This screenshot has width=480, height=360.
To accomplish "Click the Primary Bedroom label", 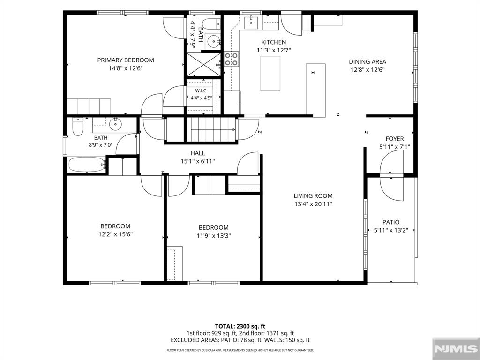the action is click(126, 60).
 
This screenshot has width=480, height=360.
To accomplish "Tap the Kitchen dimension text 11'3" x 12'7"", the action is click(274, 50).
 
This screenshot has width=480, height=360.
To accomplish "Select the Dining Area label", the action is click(367, 61).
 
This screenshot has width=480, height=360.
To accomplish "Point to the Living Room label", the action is click(313, 196).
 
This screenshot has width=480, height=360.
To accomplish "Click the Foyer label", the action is click(395, 139).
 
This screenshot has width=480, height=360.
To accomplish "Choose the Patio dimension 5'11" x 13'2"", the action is click(391, 230).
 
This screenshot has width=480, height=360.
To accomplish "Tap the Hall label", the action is click(198, 153).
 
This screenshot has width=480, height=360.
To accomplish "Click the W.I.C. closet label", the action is click(202, 91).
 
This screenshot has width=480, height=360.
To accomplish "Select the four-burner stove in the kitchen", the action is click(232, 60).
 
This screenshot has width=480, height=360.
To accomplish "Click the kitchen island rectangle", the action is click(270, 74).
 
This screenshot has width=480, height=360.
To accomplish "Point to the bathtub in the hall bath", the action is click(87, 165).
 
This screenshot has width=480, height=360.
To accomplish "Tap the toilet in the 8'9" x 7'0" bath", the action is click(78, 127).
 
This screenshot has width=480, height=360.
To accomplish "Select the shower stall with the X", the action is click(203, 64).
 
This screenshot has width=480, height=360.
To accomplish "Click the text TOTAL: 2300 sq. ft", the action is click(238, 326).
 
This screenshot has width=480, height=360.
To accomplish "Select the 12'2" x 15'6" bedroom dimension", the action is click(115, 234).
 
